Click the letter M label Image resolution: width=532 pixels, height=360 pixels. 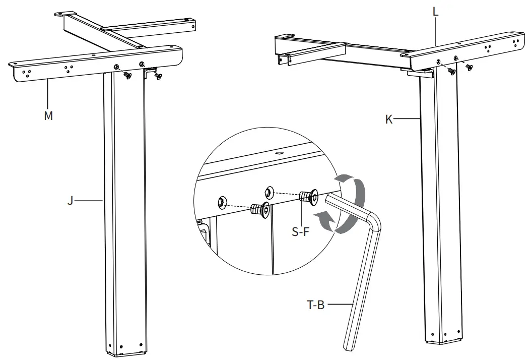pos(48,115)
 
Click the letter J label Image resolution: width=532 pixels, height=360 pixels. pos(71,201)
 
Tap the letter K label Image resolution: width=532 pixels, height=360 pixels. pos(389,119)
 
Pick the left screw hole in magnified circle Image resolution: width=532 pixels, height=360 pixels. pos(221,203)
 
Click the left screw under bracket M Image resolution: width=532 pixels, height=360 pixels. pos(127,75)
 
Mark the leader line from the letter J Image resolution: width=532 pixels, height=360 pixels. pos(91,201)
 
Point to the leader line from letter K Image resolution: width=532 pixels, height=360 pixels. pos(406,119)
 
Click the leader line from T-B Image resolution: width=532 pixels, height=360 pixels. pos(339,304)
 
